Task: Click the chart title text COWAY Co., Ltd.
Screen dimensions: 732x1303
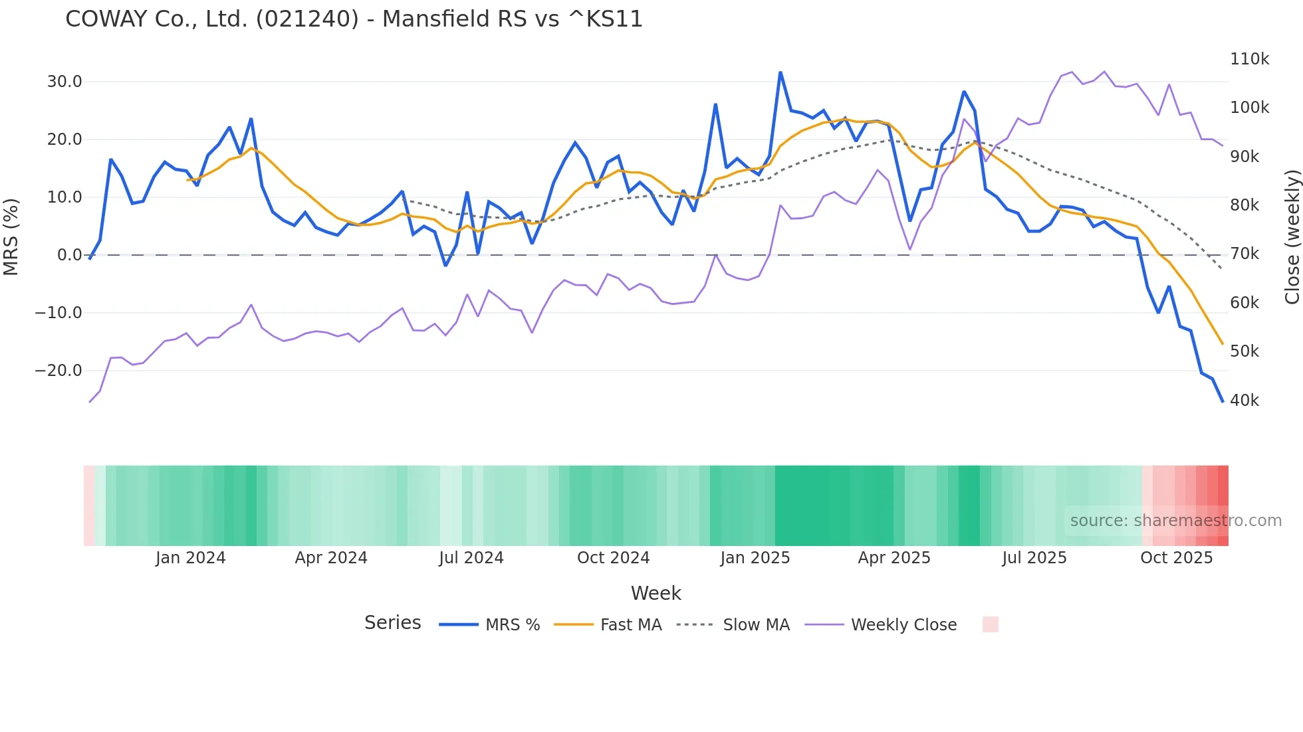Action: tap(354, 19)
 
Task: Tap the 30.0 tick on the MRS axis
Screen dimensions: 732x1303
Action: tap(64, 82)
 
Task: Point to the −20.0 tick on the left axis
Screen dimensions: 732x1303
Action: tap(59, 371)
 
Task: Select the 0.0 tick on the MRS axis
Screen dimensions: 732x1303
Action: tap(69, 255)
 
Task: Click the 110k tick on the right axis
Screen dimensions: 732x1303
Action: tap(1249, 59)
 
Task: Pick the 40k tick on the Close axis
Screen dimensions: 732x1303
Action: tap(1244, 401)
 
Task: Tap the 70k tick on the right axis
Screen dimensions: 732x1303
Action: tap(1244, 254)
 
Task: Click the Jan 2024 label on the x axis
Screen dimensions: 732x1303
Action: tap(191, 558)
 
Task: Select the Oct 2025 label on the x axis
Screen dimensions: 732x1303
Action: tap(1176, 558)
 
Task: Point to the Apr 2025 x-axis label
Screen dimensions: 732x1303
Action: tap(894, 558)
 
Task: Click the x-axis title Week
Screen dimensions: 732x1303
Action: tap(655, 593)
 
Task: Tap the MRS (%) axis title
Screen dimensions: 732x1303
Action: tap(11, 236)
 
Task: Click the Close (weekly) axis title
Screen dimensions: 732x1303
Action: tap(1292, 237)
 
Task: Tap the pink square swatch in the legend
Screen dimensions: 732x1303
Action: tap(990, 624)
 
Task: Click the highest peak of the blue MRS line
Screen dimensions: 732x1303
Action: tap(780, 72)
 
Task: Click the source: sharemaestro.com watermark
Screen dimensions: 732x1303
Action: tap(1175, 521)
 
